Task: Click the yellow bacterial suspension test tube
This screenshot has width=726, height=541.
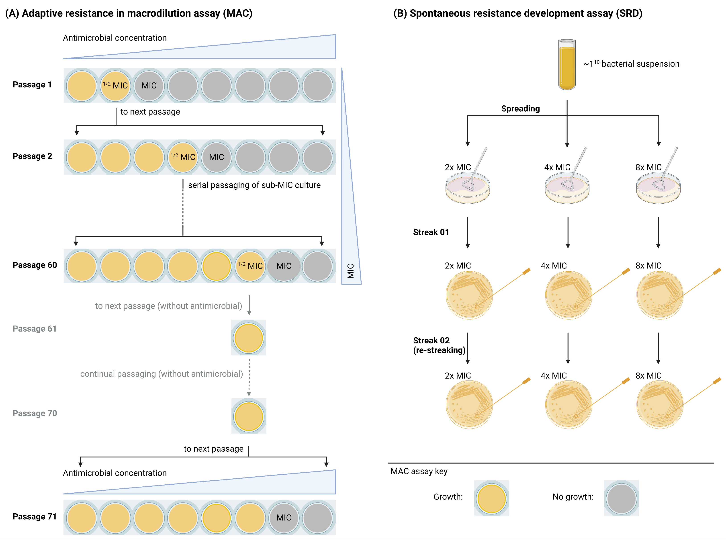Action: [x=566, y=65]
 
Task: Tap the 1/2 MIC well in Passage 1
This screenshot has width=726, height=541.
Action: [x=115, y=86]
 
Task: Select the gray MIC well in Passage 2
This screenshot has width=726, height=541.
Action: [x=216, y=157]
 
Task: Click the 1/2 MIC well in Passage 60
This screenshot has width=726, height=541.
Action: [x=250, y=266]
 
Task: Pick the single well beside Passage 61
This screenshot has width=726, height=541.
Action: [x=249, y=338]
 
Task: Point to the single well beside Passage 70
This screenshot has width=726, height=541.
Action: [x=249, y=417]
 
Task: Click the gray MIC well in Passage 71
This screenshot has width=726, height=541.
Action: [x=284, y=517]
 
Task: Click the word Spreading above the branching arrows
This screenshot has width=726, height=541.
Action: [x=520, y=109]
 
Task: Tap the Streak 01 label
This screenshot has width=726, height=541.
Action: [x=431, y=232]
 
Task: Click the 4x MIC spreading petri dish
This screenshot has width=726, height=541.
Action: [x=567, y=188]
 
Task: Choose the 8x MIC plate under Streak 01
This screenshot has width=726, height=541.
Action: [x=660, y=295]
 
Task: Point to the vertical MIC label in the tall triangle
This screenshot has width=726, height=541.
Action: [x=351, y=271]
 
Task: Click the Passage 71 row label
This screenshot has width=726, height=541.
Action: [x=34, y=516]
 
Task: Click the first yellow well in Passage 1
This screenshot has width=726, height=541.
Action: [x=82, y=86]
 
